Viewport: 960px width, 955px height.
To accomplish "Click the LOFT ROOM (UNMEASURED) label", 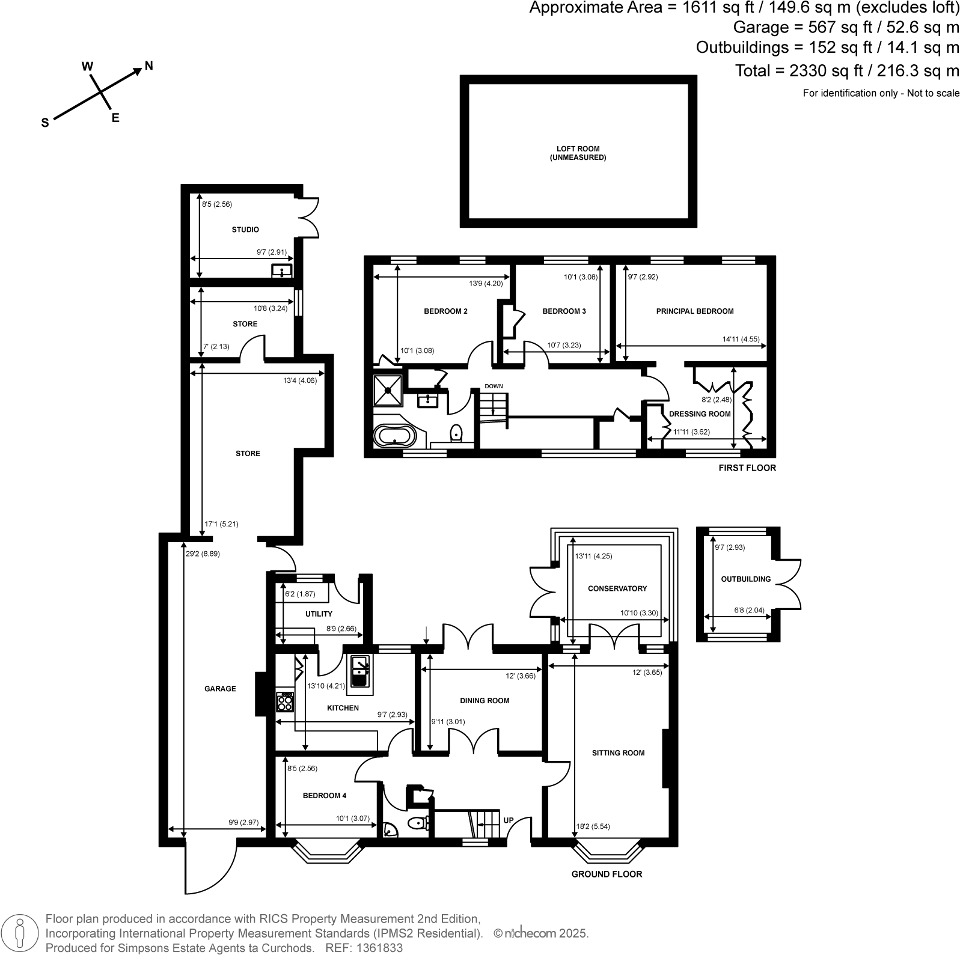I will (x=578, y=153).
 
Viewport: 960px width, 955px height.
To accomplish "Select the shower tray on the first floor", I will (x=388, y=390).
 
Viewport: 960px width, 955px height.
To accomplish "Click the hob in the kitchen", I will (x=285, y=701).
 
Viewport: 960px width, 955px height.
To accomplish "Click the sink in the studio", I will (x=281, y=270).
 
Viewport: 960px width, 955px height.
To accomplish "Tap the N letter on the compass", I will (x=148, y=66).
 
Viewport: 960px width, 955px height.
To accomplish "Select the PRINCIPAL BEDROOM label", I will (x=694, y=311).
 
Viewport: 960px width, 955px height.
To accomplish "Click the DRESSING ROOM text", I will (x=699, y=413).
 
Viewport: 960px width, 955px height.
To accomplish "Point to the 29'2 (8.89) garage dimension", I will (x=203, y=554).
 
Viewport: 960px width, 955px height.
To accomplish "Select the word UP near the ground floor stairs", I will (x=509, y=820).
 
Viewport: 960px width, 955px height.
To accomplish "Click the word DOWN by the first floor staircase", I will (x=494, y=386).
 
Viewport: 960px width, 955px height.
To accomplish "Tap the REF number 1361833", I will (x=380, y=948).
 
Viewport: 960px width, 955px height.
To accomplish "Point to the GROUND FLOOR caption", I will (x=606, y=874).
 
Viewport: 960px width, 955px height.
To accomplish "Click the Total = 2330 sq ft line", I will (x=846, y=71).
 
